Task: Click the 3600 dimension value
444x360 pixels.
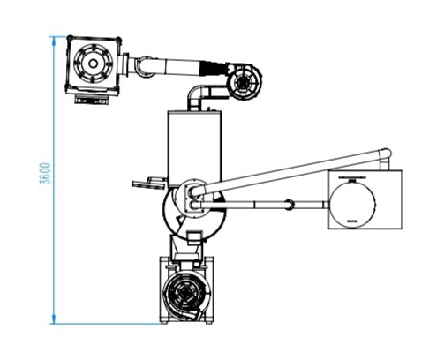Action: [45, 173]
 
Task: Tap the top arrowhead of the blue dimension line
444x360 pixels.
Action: [54, 41]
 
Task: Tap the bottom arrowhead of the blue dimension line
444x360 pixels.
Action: [54, 319]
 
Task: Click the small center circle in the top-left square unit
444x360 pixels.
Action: [93, 64]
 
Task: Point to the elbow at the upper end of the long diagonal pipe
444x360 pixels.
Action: [386, 154]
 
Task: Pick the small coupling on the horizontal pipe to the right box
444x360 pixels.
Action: [289, 205]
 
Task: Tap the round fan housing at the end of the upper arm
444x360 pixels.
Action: [245, 82]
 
